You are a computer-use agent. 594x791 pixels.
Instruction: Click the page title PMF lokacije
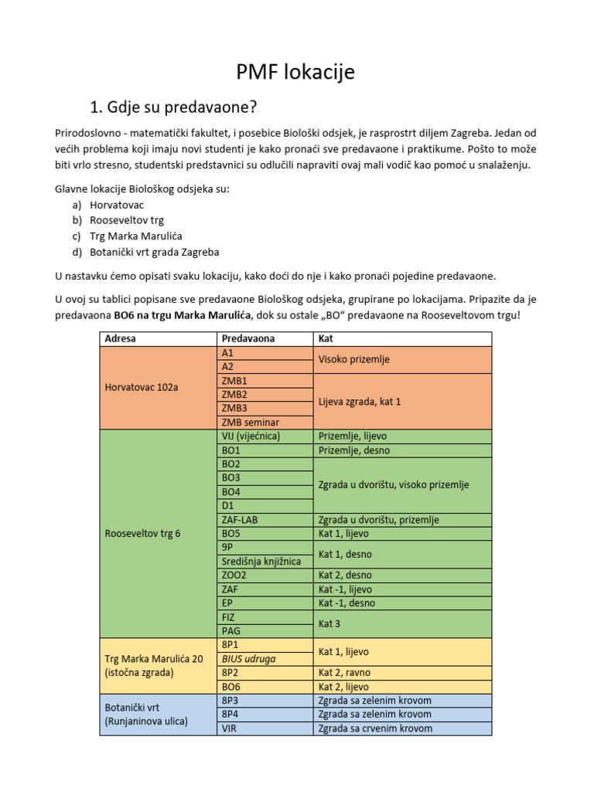295,73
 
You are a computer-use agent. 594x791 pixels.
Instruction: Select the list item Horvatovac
117,205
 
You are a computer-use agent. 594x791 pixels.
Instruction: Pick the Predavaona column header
248,338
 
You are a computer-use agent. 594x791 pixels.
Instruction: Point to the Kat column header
326,338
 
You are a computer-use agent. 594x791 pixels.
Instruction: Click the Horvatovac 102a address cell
142,387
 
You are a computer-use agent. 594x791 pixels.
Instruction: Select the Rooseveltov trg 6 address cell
142,533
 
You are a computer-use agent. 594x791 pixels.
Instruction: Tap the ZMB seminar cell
251,423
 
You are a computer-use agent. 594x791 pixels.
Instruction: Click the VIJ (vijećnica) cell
251,436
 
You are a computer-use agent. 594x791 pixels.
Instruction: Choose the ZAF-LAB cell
240,520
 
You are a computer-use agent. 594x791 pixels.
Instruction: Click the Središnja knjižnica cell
261,561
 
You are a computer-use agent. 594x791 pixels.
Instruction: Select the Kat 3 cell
331,623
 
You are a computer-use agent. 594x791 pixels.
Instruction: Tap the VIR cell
230,728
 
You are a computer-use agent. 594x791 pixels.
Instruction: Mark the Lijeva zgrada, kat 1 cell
360,402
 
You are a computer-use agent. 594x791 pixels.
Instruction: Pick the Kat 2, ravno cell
343,673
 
